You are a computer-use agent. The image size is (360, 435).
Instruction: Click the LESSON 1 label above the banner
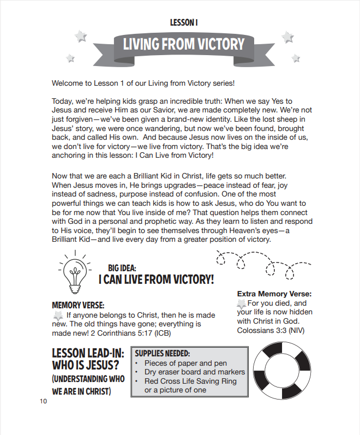pos(183,22)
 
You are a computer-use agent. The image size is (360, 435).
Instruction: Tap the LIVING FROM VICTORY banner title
pos(183,44)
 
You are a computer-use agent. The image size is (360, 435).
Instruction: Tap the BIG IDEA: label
pos(122,268)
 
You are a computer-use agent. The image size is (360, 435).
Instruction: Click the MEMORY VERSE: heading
pos(78,305)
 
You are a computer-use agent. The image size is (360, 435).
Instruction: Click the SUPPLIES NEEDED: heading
pos(162,353)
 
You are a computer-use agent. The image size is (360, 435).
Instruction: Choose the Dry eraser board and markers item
pos(195,372)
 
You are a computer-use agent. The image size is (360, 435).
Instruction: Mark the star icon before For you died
pos(242,303)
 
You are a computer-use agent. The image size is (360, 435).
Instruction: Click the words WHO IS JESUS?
pos(86,365)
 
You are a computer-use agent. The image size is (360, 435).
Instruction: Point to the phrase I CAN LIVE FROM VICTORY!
pos(156,279)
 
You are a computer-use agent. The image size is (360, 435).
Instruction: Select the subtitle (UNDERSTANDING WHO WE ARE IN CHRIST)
pos(87,385)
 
